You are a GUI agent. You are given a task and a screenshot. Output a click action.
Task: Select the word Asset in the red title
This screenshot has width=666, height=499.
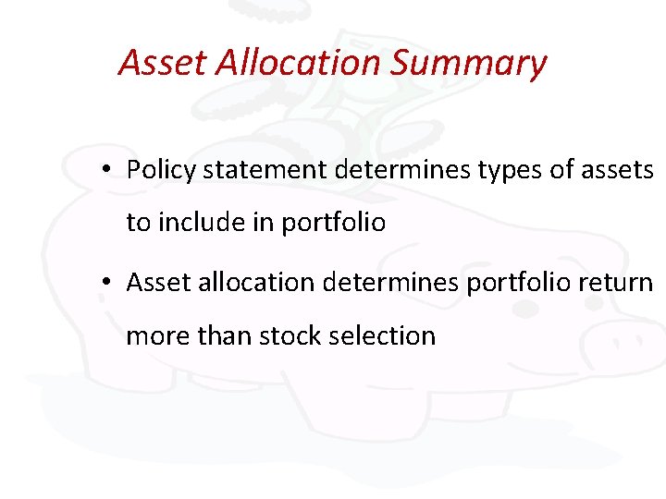pos(164,62)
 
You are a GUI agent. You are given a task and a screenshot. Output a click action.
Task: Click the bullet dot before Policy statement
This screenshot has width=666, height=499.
pos(108,170)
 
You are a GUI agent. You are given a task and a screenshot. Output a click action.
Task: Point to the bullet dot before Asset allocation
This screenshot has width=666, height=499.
pos(108,282)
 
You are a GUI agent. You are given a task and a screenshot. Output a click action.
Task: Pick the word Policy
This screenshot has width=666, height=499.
pos(161,170)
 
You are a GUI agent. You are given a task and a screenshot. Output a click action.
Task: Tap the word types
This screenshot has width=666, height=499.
pos(504,170)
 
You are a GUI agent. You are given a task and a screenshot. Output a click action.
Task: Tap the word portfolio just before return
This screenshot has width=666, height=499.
pos(516,282)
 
